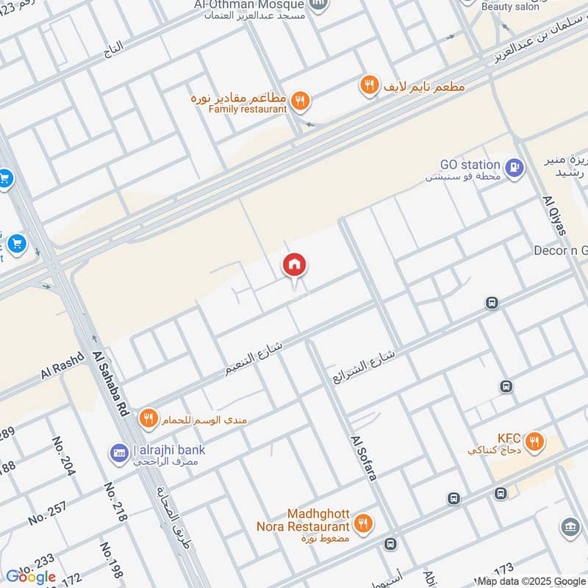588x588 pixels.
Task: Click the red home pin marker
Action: pos(295,265)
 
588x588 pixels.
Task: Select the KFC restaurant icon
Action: pos(534,441)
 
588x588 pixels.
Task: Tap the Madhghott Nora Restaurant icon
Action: pos(362,523)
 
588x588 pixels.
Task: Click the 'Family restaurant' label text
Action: pos(248,110)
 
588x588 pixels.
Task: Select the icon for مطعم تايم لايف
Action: pos(369,86)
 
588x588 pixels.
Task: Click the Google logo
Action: pos(31,577)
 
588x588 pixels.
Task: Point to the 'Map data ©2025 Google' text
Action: pos(531,581)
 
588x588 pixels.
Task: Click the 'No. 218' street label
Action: pos(115,502)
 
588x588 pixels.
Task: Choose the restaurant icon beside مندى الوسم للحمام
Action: pos(149,417)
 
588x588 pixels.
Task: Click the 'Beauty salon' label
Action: pos(509,6)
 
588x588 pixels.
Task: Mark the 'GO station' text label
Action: pos(470,165)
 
